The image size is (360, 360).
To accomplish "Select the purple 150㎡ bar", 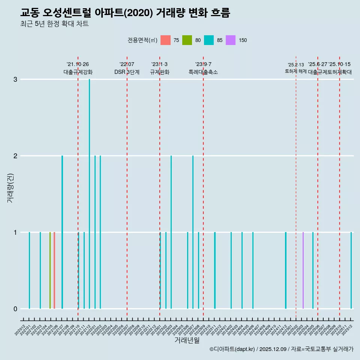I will click(303, 270).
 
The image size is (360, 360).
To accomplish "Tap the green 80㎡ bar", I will click(50, 270).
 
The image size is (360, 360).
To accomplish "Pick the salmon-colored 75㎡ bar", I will click(54, 270).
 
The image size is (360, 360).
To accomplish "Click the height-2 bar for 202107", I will click(62, 232).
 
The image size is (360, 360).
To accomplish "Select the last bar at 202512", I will click(351, 270).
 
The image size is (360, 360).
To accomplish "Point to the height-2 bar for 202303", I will click(171, 232).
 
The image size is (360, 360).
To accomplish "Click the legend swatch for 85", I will click(209, 40).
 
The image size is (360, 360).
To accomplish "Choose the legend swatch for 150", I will click(231, 40).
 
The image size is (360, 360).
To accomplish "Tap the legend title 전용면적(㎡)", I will click(142, 40).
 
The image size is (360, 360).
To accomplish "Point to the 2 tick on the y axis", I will click(15, 156).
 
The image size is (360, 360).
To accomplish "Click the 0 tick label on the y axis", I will click(15, 309).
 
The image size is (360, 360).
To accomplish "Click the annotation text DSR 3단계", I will click(127, 72).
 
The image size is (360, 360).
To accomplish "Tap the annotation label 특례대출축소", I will click(203, 72).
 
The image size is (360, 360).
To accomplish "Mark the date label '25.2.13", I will click(296, 65).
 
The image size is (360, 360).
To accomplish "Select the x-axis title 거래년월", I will click(187, 340).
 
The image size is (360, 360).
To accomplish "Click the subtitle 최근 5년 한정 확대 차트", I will click(54, 24).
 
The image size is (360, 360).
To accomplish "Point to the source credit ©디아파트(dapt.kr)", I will click(232, 349).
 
